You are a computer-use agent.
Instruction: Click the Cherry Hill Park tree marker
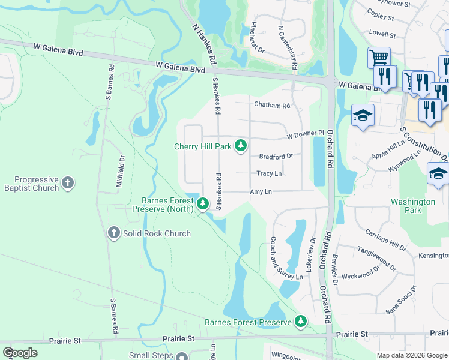pyautogui.click(x=241, y=146)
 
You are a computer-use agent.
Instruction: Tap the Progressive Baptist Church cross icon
pyautogui.click(x=68, y=182)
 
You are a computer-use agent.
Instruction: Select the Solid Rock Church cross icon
pyautogui.click(x=114, y=233)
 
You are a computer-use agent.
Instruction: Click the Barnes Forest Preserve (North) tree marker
pyautogui.click(x=203, y=205)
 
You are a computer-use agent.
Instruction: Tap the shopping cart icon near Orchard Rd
pyautogui.click(x=379, y=58)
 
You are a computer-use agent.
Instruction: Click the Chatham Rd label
pyautogui.click(x=272, y=105)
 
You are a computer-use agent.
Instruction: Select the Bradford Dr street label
pyautogui.click(x=276, y=156)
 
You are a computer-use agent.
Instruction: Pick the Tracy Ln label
pyautogui.click(x=269, y=173)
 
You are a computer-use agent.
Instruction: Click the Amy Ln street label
pyautogui.click(x=261, y=191)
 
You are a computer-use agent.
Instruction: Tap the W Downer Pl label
pyautogui.click(x=305, y=134)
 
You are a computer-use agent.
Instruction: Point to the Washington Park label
pyautogui.click(x=413, y=206)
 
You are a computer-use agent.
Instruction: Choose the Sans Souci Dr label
pyautogui.click(x=400, y=303)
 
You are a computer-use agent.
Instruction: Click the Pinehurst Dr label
pyautogui.click(x=258, y=38)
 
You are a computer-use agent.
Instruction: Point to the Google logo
pyautogui.click(x=20, y=353)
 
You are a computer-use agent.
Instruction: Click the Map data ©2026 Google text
pyautogui.click(x=411, y=355)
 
